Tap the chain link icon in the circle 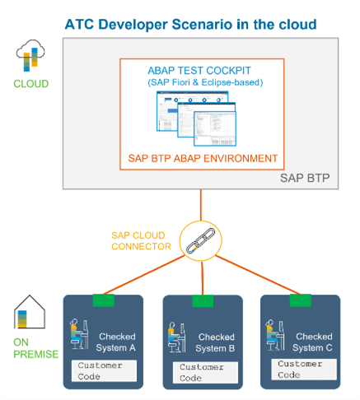click(200, 242)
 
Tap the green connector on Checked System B click(202, 301)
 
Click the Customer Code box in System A click(104, 370)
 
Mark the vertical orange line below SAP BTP click(200, 206)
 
